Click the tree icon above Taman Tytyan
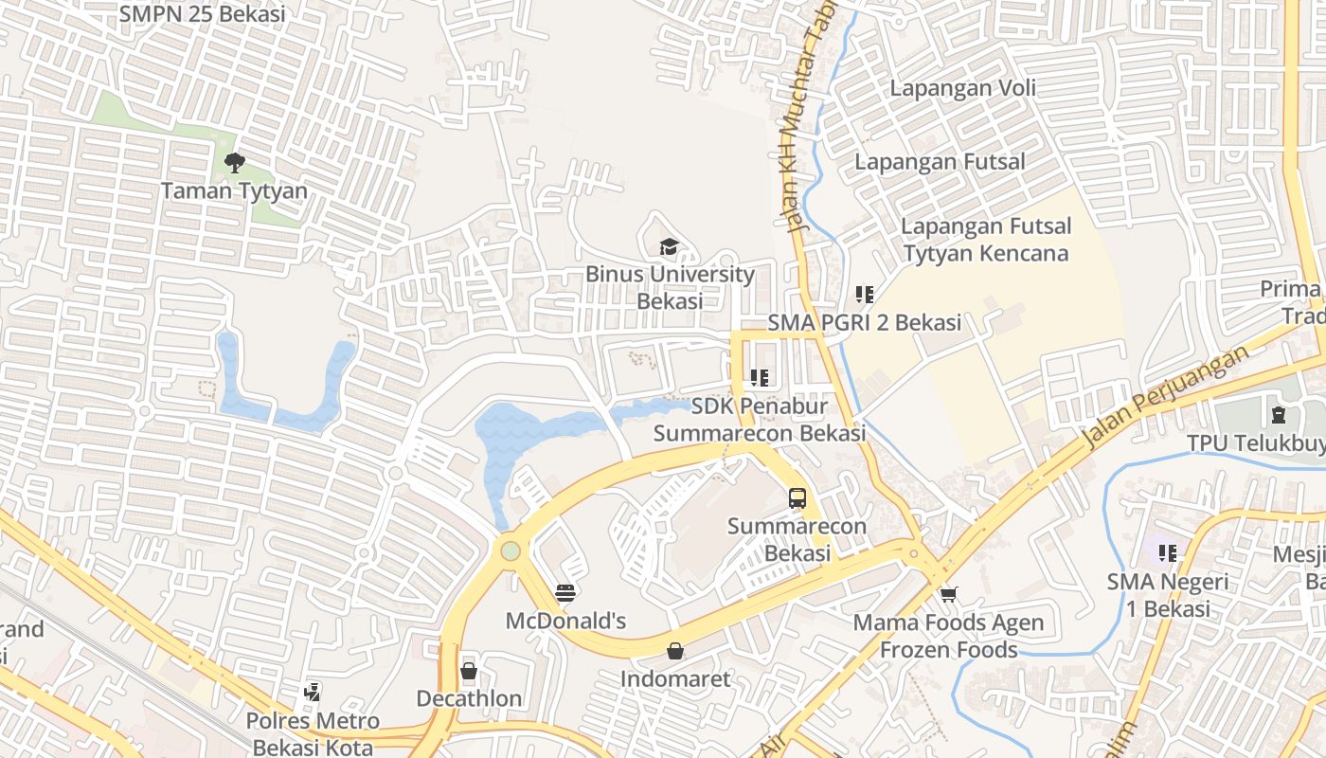point(234,163)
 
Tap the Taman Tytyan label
point(234,190)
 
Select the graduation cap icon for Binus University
point(670,247)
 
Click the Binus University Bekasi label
point(670,287)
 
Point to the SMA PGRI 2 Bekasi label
point(864,322)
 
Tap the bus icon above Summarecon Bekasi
point(797,497)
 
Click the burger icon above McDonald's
point(565,593)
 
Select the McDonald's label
point(565,621)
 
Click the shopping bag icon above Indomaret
point(675,651)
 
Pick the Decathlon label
point(469,698)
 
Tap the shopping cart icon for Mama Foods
point(949,595)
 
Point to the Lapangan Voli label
point(962,88)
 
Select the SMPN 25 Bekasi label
point(202,14)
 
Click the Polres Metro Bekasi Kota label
point(313,733)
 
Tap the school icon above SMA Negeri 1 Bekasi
point(1168,552)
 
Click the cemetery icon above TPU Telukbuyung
point(1279,414)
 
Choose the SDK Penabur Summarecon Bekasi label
point(759,419)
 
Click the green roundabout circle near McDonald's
point(511,550)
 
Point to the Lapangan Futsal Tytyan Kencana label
point(985,240)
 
